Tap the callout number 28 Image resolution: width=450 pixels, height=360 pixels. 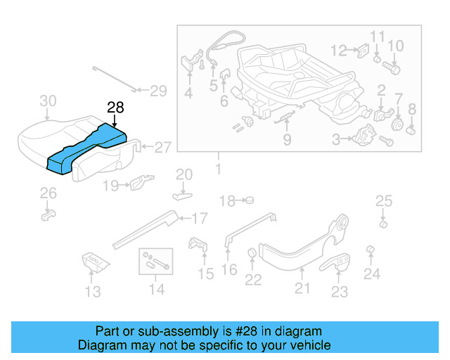pos(115,108)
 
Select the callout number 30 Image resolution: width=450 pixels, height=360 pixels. pos(47,101)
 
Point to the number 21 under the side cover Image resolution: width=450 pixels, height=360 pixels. pos(302,288)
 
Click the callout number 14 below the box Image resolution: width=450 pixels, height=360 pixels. pos(157,289)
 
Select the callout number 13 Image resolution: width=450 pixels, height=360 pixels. pos(93,291)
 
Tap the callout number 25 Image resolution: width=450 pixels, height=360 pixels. pos(383,202)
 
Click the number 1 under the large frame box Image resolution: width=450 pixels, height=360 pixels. pos(218,169)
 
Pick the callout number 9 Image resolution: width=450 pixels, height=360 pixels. pos(287,139)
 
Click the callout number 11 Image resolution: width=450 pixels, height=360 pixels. pos(378,37)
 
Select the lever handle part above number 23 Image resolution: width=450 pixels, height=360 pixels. pos(340,262)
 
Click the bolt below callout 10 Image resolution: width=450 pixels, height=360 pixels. pos(392,69)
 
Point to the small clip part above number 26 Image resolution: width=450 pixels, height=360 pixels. pos(47,213)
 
